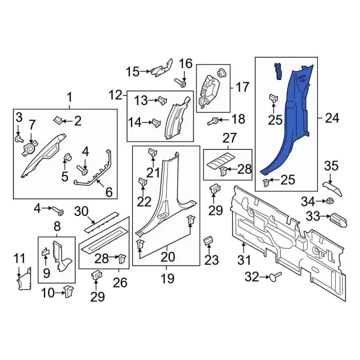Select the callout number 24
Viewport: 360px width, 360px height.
tap(332, 118)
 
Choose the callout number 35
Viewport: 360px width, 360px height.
tap(331, 166)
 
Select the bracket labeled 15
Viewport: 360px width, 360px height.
tap(161, 70)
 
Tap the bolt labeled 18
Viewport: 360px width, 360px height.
tap(214, 120)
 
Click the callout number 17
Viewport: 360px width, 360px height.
tap(242, 87)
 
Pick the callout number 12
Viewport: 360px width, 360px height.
tap(115, 94)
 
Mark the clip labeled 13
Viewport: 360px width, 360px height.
tap(161, 101)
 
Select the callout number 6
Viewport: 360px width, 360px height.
tap(109, 192)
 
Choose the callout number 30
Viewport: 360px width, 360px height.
tap(82, 211)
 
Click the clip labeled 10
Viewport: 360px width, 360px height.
tap(69, 291)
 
